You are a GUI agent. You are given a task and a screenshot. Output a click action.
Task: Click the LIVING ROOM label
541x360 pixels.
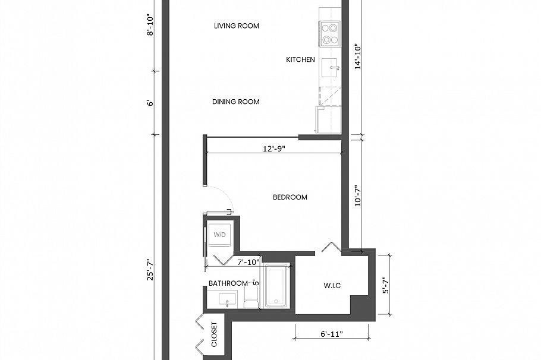tap(236, 26)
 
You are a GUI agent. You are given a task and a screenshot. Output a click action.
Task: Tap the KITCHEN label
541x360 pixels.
tap(300, 59)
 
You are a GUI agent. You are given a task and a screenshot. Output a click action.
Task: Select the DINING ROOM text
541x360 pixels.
tap(236, 102)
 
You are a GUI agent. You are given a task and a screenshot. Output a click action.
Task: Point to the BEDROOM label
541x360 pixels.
tap(290, 197)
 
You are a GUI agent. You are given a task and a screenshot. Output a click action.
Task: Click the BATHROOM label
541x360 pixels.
tap(228, 283)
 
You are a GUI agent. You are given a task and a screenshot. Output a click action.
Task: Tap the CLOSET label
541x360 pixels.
tap(214, 336)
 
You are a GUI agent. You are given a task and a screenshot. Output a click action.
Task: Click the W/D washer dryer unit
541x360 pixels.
tap(220, 235)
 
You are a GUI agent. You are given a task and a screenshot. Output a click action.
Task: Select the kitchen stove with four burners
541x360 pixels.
tap(330, 34)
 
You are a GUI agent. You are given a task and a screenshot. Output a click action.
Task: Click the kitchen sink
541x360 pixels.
tap(331, 68)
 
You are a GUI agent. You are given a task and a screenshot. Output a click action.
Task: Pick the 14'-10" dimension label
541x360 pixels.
tap(357, 58)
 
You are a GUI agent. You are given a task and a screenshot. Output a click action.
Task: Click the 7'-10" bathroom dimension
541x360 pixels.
tap(248, 262)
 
